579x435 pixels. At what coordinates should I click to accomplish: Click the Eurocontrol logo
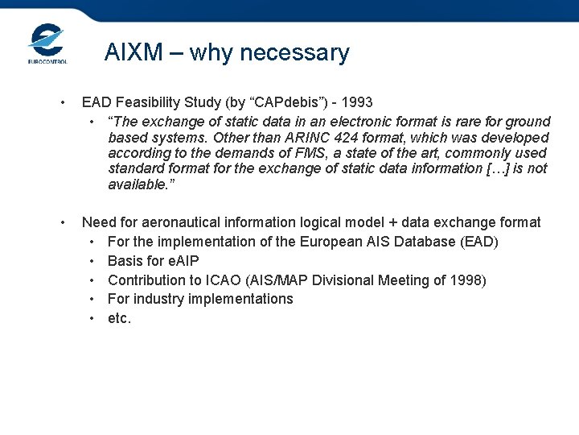pos(47,43)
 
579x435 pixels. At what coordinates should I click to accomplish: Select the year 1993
pos(356,102)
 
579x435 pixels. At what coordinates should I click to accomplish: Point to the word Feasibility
pos(150,102)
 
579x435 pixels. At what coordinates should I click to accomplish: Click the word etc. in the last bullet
pos(119,318)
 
